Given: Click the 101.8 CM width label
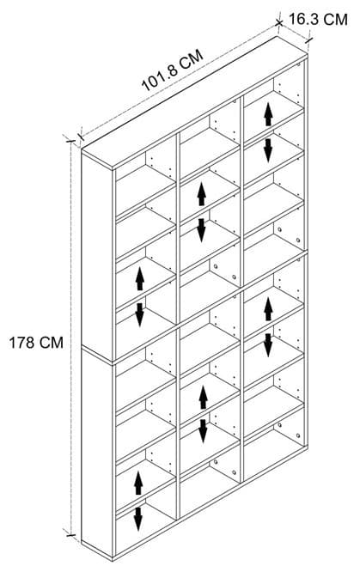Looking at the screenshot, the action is pos(172,70).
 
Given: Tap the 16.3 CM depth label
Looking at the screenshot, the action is pos(318,20).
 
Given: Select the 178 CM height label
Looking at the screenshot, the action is pos(36,343).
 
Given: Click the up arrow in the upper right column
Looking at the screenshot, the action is pos(268,114).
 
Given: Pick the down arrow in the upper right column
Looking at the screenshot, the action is pos(268,150).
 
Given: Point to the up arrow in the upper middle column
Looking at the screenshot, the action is pos(202,194).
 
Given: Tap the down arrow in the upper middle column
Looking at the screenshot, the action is pos(202,230).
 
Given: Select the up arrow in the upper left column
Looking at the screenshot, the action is pos(140,278).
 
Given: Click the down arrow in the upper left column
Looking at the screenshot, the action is pos(140,315).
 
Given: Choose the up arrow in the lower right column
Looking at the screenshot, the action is pos(268,309).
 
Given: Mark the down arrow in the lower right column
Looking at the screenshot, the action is pos(268,345).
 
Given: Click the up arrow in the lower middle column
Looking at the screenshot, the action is pos(203,398).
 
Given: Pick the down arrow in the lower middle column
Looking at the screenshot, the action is pos(203,431).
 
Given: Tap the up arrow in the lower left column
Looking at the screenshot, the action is pos(138,483).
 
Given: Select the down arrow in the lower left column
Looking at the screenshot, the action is pos(138,519).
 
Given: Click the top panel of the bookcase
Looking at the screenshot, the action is pos(194,102).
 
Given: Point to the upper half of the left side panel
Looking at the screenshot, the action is pos(97,255).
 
